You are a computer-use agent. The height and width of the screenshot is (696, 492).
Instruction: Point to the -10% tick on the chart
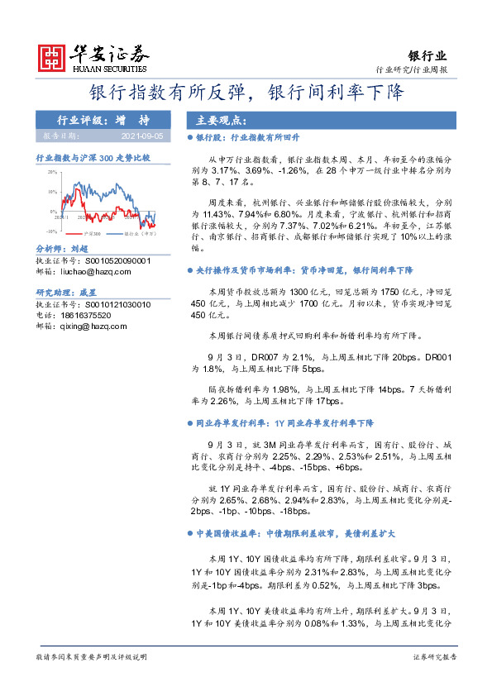pyautogui.click(x=51, y=231)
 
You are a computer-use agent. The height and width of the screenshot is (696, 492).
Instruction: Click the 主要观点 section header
pyautogui.click(x=213, y=119)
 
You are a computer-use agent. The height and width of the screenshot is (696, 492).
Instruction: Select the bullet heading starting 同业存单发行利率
pyautogui.click(x=285, y=422)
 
